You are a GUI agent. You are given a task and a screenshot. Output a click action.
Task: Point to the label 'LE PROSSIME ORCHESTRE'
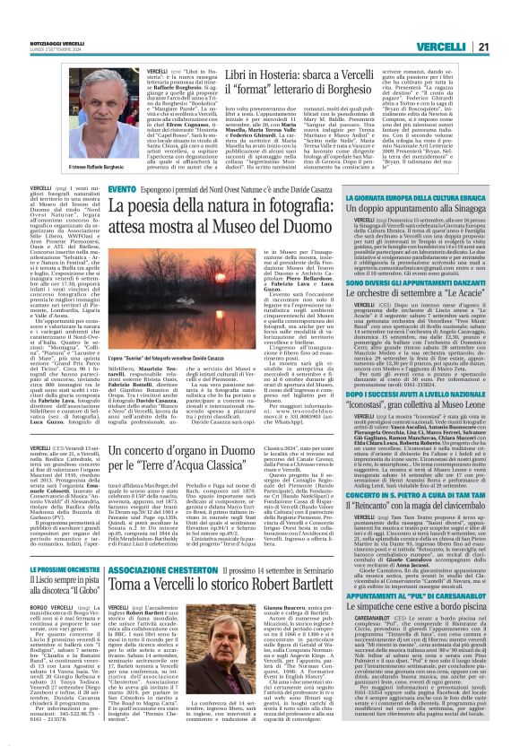click(62, 568)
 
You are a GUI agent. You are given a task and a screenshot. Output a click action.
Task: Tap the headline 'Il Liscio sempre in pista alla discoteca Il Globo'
click(62, 587)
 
